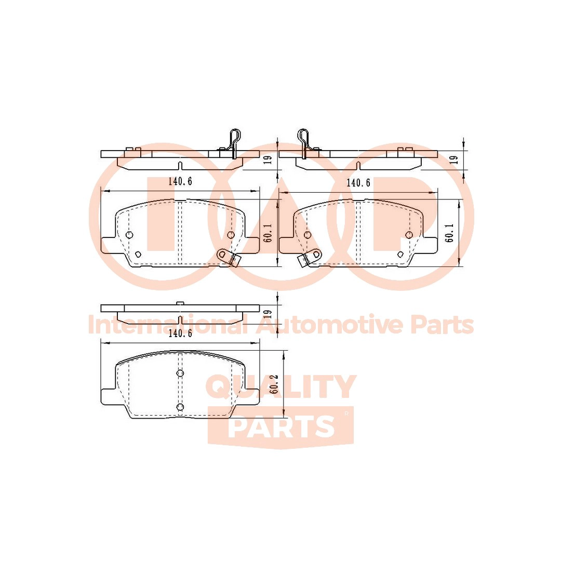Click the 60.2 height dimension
[275, 384]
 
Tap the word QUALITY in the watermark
[280, 387]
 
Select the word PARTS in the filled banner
[281, 426]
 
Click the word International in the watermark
[167, 325]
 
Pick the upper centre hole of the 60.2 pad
[180, 373]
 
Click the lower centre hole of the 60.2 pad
[180, 407]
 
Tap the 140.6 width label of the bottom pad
[180, 333]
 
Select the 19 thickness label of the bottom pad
[268, 314]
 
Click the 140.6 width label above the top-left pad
[180, 181]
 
